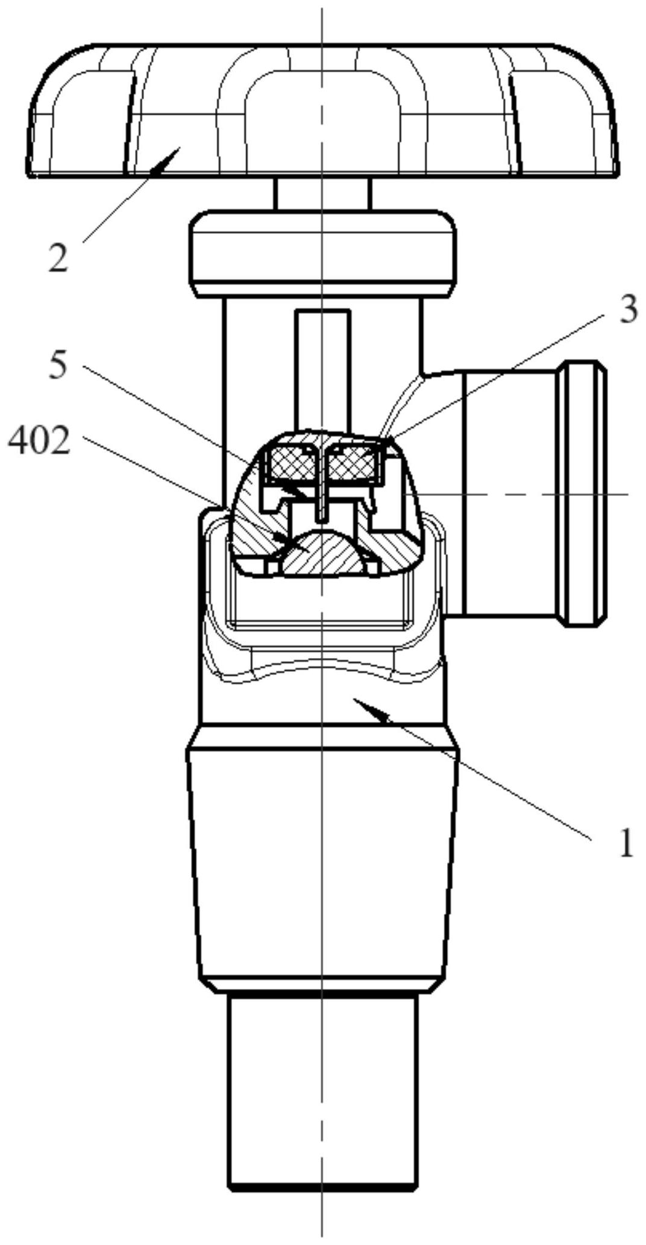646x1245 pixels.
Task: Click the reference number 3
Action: coord(629,310)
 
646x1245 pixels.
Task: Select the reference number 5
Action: coord(58,365)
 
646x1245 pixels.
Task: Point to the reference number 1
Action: coord(627,842)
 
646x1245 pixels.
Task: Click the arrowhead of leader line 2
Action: coord(170,158)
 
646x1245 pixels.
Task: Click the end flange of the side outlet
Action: coord(582,493)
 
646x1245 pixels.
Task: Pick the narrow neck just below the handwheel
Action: coord(322,193)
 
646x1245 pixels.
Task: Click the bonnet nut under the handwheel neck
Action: coord(322,254)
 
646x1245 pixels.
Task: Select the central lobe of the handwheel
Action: coord(322,114)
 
